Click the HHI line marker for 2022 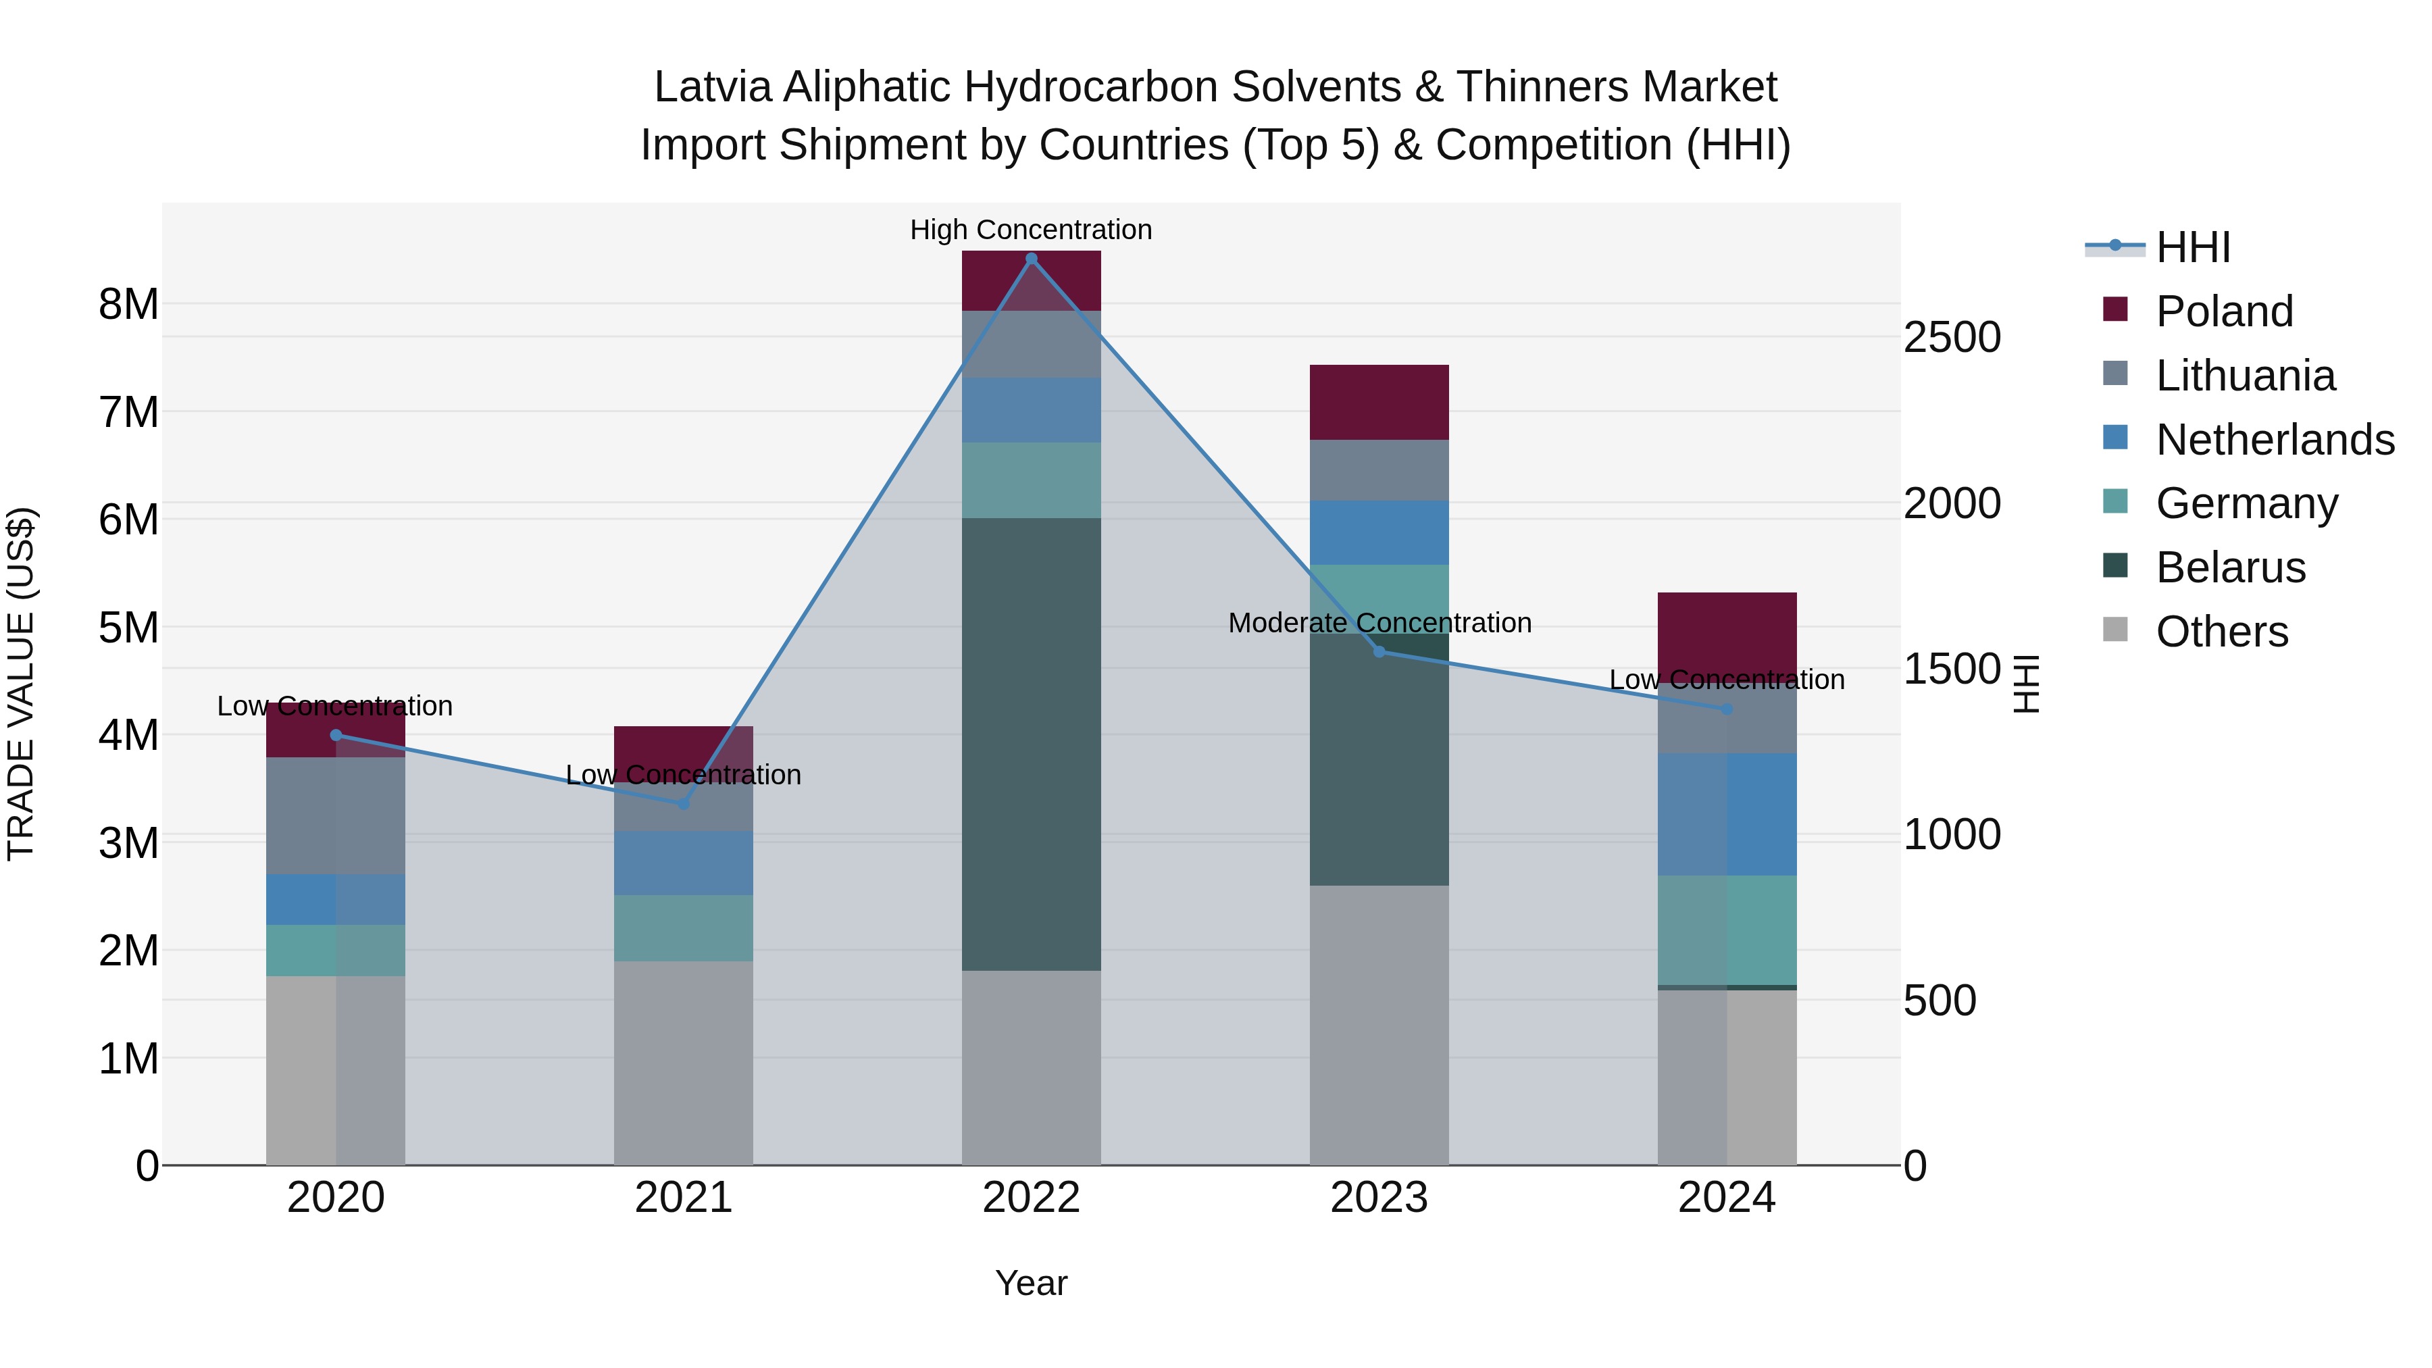click(1031, 259)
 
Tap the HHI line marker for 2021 click(684, 803)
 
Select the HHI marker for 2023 click(1378, 651)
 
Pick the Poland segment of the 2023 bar click(1378, 402)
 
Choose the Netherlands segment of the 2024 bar click(1727, 814)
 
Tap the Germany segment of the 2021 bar click(684, 928)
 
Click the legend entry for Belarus click(2230, 567)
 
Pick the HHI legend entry click(2192, 247)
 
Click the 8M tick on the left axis click(128, 304)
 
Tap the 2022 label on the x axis click(1031, 1198)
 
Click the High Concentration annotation click(1031, 230)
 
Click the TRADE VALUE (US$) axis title click(21, 684)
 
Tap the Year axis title click(1031, 1283)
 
